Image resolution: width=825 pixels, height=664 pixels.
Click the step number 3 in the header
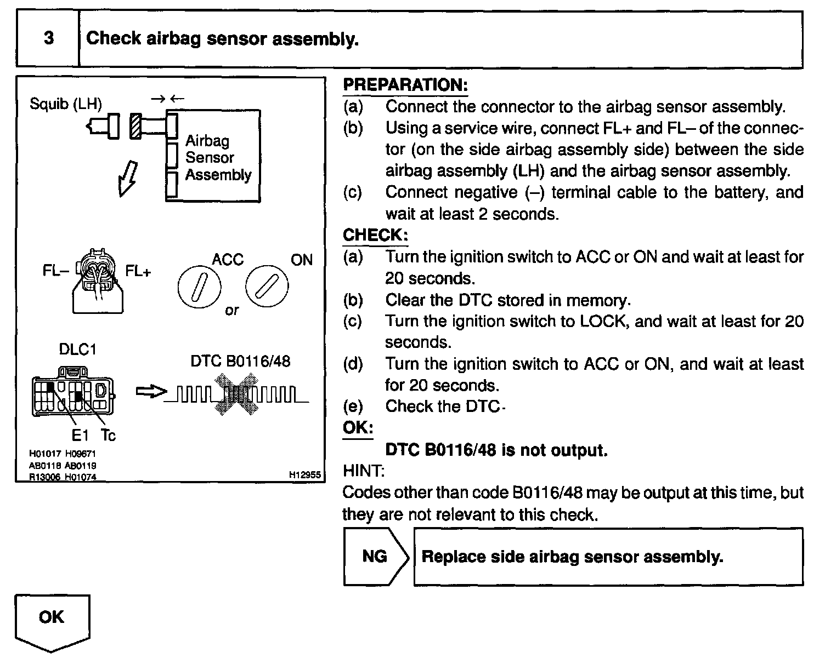(49, 38)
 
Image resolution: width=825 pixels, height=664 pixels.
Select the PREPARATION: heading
(405, 85)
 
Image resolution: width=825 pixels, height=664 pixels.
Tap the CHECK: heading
(375, 235)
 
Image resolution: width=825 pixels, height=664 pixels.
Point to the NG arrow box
(376, 557)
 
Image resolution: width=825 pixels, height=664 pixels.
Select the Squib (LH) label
(66, 104)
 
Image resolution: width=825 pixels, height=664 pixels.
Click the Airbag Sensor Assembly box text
(218, 158)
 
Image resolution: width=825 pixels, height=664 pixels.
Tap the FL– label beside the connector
(55, 270)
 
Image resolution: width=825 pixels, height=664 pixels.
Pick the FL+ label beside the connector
(138, 271)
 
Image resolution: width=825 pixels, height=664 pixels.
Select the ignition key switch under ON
(267, 287)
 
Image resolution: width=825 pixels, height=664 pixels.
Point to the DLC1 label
(77, 350)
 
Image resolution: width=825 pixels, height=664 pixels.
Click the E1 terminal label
(81, 436)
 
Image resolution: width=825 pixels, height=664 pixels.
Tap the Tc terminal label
(108, 436)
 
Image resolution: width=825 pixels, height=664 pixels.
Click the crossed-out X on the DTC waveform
(237, 393)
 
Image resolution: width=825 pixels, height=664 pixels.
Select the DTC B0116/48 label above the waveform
(240, 361)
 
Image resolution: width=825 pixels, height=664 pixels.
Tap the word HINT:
(363, 471)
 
